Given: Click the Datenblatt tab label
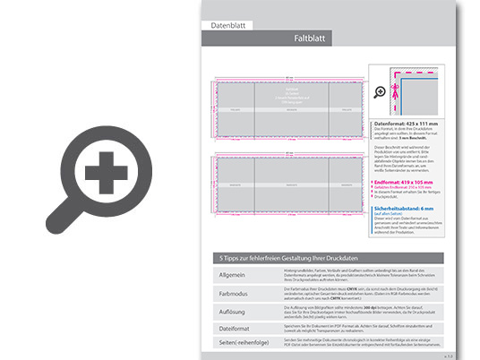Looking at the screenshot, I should pos(227,26).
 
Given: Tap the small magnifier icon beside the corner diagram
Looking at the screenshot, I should pos(380,91).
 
